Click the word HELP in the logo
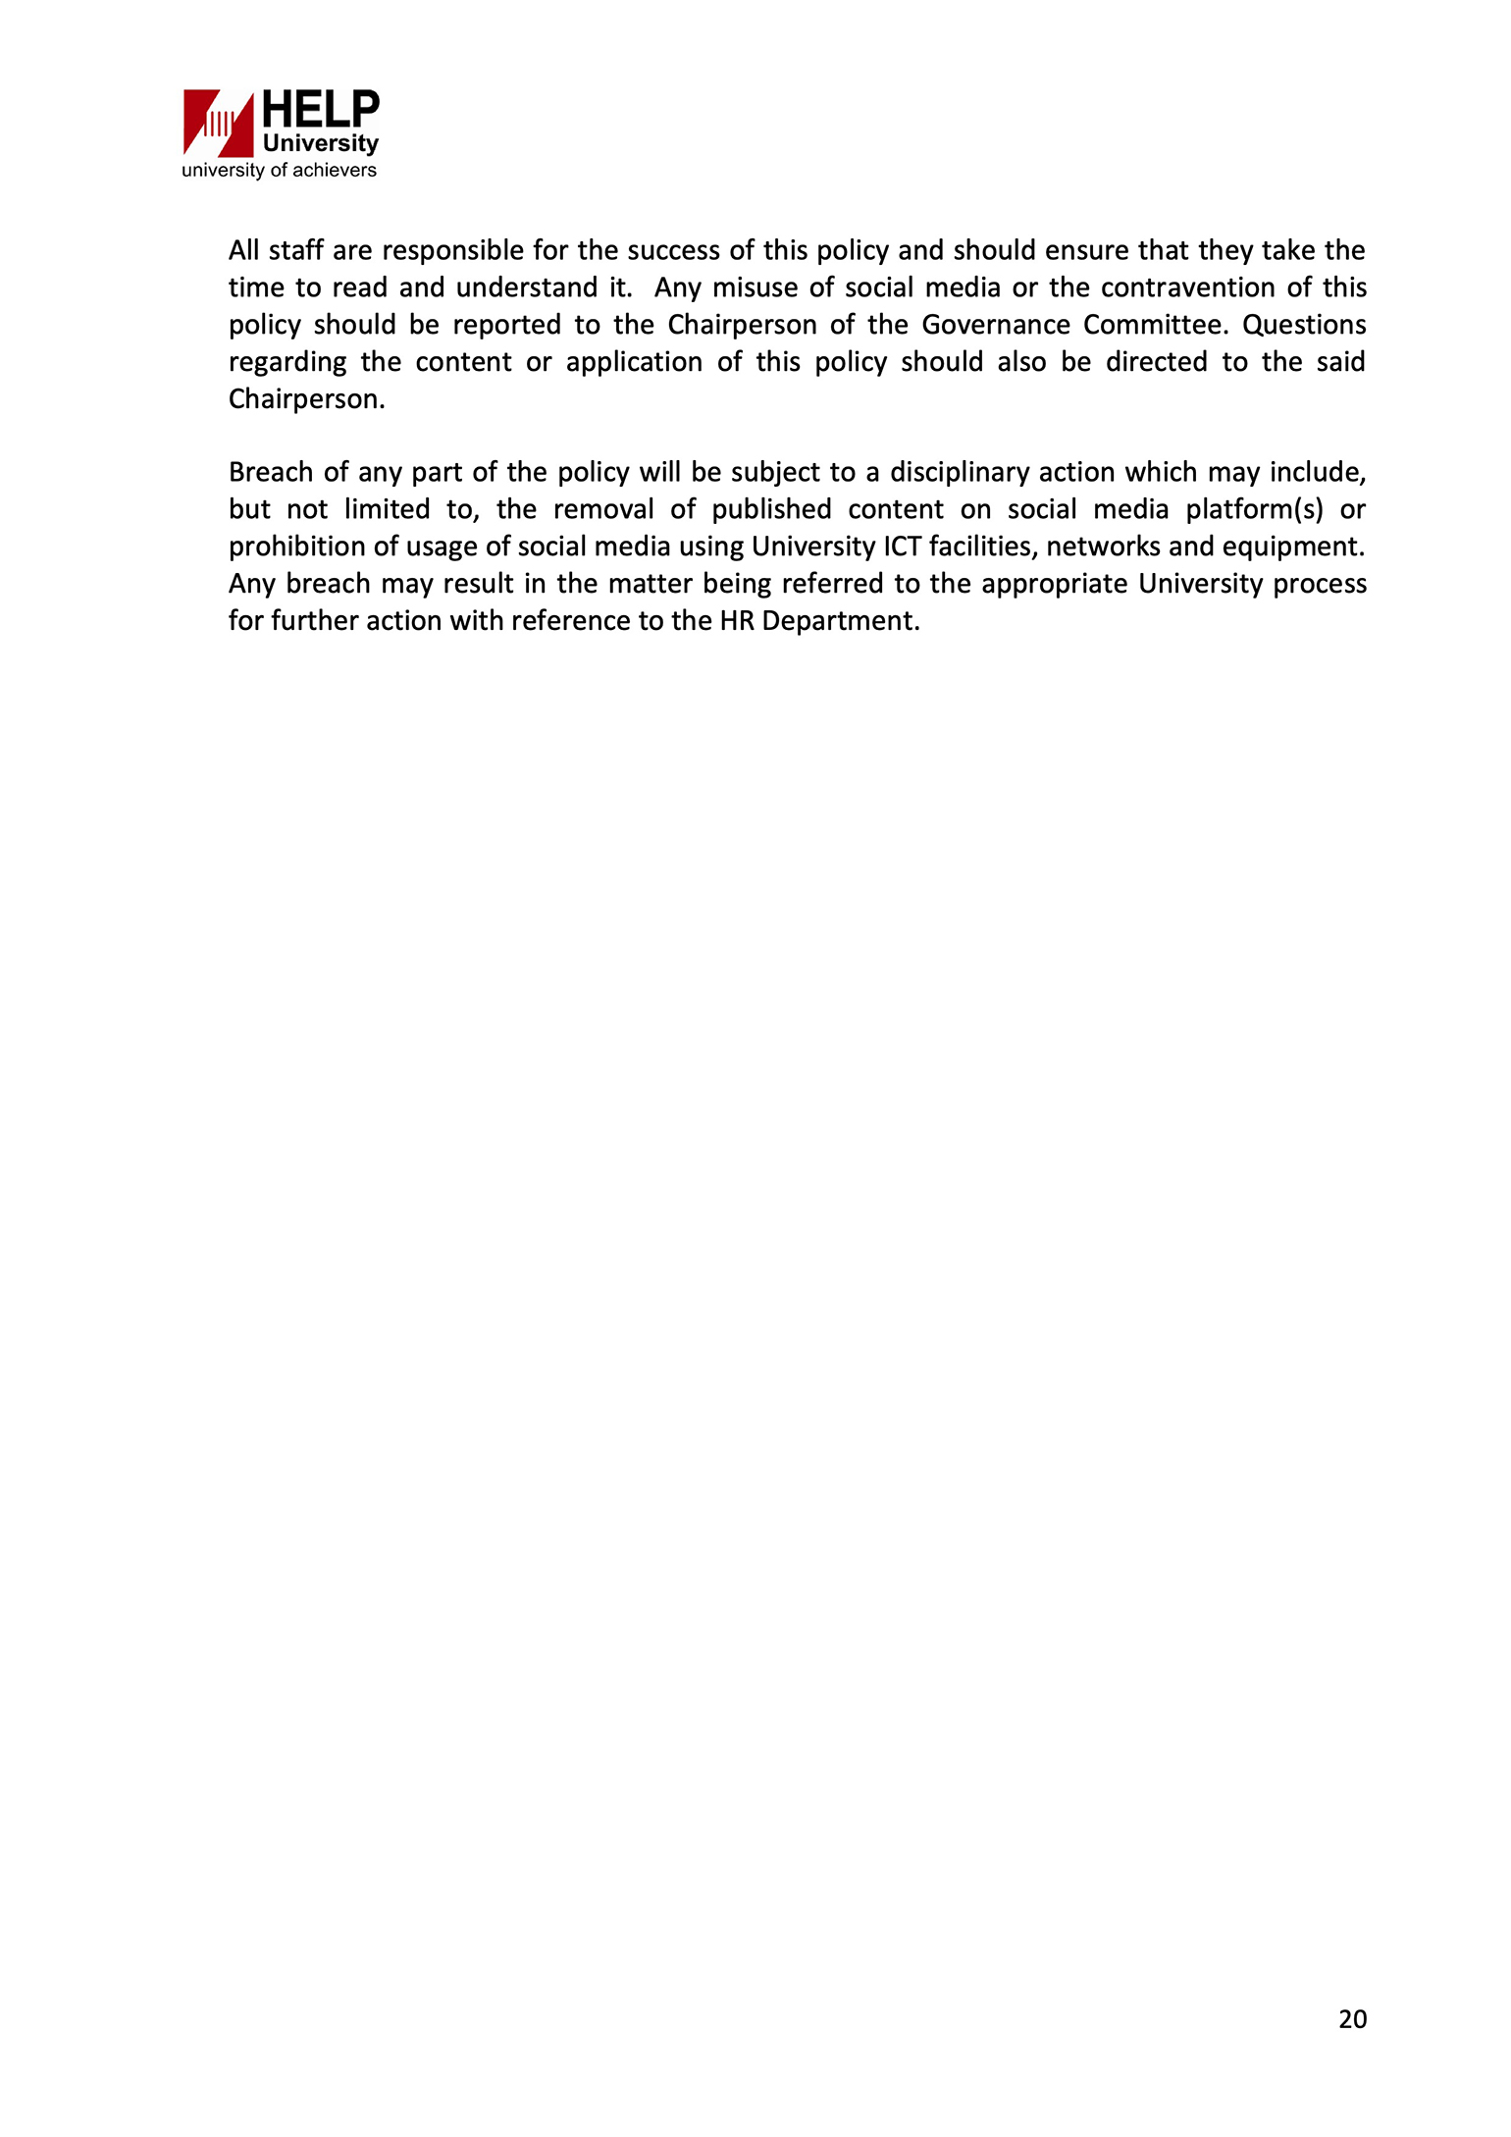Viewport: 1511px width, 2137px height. tap(320, 109)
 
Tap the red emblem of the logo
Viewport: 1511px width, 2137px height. tap(219, 124)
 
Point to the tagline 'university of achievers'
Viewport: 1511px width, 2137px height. tap(279, 171)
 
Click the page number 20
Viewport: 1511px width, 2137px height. tap(1352, 2019)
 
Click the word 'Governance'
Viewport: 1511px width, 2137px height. tap(996, 325)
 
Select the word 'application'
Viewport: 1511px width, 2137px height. tap(634, 363)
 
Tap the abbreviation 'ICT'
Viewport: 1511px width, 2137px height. tap(902, 547)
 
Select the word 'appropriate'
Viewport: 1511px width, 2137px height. tap(1054, 585)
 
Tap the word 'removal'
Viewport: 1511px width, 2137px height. tap(604, 510)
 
